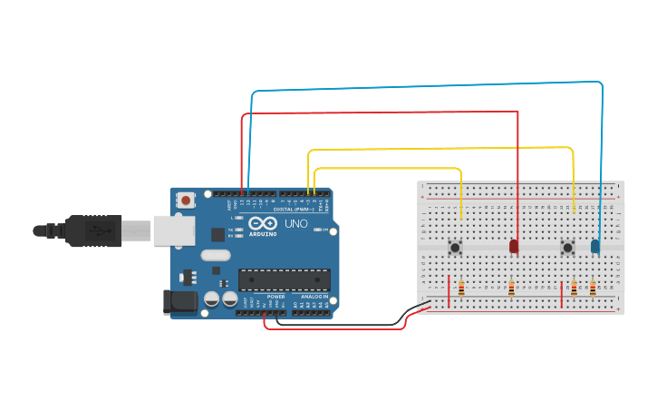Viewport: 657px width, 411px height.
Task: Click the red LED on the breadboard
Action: tap(514, 246)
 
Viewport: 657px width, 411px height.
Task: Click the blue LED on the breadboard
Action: tap(595, 246)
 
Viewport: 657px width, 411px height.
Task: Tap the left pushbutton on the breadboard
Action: tap(455, 247)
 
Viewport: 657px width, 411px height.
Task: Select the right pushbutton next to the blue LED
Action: tap(567, 247)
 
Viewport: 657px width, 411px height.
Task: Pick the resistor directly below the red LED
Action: tap(511, 289)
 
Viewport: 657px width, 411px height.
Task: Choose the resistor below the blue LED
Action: tap(593, 289)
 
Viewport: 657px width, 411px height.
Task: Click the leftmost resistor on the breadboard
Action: tap(461, 289)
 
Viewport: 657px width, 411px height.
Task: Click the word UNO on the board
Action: tap(295, 223)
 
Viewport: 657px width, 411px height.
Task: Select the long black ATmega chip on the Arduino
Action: tap(284, 280)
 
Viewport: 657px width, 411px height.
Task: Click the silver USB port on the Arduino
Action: tap(173, 230)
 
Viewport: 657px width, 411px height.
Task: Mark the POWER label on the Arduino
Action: tap(275, 297)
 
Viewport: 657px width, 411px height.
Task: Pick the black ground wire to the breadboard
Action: tap(344, 323)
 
